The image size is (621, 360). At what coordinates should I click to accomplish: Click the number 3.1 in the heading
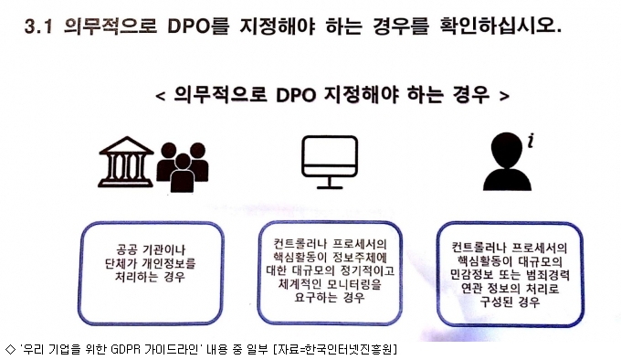pyautogui.click(x=38, y=26)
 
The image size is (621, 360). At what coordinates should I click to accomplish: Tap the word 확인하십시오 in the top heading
pyautogui.click(x=500, y=26)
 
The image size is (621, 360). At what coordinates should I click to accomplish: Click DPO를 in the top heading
pyautogui.click(x=198, y=26)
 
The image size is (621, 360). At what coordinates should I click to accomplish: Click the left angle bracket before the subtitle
pyautogui.click(x=161, y=96)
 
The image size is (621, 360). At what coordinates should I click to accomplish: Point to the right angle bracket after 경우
pyautogui.click(x=504, y=95)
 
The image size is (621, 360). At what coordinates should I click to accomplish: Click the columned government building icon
pyautogui.click(x=126, y=162)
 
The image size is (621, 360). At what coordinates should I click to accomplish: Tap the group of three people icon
pyautogui.click(x=183, y=166)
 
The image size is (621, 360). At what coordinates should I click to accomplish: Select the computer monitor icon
pyautogui.click(x=330, y=162)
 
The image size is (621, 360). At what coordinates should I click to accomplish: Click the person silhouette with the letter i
pyautogui.click(x=508, y=162)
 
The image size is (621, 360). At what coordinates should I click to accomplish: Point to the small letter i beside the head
pyautogui.click(x=531, y=141)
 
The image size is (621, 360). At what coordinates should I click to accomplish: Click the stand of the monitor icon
pyautogui.click(x=330, y=183)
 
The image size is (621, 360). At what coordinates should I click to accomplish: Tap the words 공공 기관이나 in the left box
pyautogui.click(x=151, y=249)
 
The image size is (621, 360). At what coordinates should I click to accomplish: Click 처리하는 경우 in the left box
pyautogui.click(x=150, y=276)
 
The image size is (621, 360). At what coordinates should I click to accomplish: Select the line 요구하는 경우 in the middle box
pyautogui.click(x=330, y=297)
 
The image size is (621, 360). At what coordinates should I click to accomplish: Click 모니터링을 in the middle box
pyautogui.click(x=354, y=284)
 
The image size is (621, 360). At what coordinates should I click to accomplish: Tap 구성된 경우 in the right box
pyautogui.click(x=510, y=302)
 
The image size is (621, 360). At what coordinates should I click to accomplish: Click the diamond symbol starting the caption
pyautogui.click(x=10, y=349)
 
